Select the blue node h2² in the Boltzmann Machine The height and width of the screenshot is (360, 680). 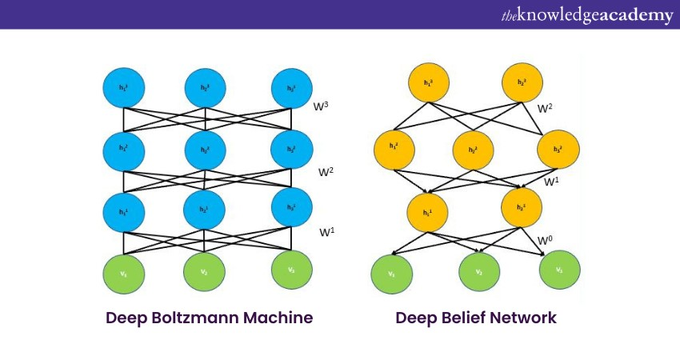pyautogui.click(x=206, y=149)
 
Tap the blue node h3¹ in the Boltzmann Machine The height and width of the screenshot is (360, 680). pyautogui.click(x=290, y=206)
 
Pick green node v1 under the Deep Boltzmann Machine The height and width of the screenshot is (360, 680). pyautogui.click(x=123, y=271)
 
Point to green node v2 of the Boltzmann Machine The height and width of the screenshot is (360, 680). pyautogui.click(x=206, y=271)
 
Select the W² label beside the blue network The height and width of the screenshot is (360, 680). pyautogui.click(x=326, y=171)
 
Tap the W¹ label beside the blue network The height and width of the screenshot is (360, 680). pyautogui.click(x=326, y=232)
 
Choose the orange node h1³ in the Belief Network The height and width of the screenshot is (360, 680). pyautogui.click(x=428, y=83)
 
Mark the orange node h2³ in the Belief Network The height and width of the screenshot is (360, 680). pyautogui.click(x=522, y=83)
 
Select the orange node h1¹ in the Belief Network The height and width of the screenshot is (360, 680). pyautogui.click(x=428, y=212)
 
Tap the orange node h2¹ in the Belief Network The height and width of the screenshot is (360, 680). pyautogui.click(x=522, y=206)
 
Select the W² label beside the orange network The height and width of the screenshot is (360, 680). pyautogui.click(x=545, y=108)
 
